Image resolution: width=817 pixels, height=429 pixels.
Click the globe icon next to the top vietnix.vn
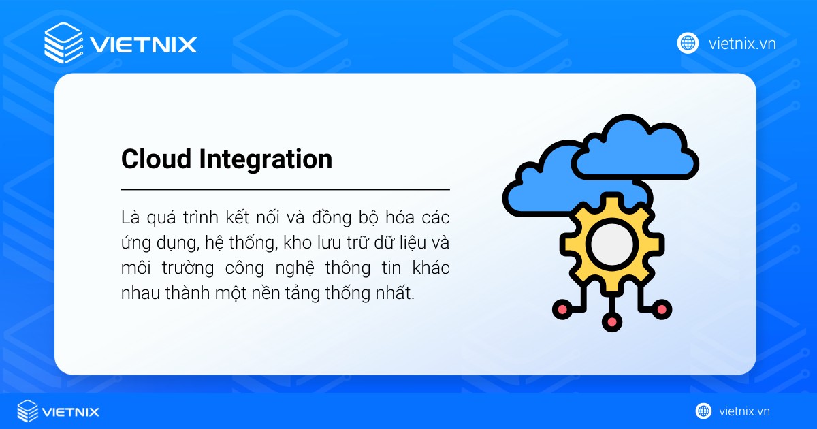click(688, 44)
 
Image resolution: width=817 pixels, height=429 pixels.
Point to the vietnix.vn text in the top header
click(741, 44)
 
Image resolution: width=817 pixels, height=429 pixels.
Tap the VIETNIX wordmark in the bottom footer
click(71, 411)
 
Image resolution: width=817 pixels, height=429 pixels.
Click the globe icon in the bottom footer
click(703, 411)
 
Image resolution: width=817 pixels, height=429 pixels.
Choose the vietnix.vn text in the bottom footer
click(743, 411)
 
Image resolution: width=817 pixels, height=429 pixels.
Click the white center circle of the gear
click(611, 244)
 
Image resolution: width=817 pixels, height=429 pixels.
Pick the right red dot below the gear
click(662, 310)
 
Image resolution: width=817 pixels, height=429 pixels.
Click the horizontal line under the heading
click(285, 189)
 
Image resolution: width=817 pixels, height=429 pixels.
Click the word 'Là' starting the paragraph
click(129, 218)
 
